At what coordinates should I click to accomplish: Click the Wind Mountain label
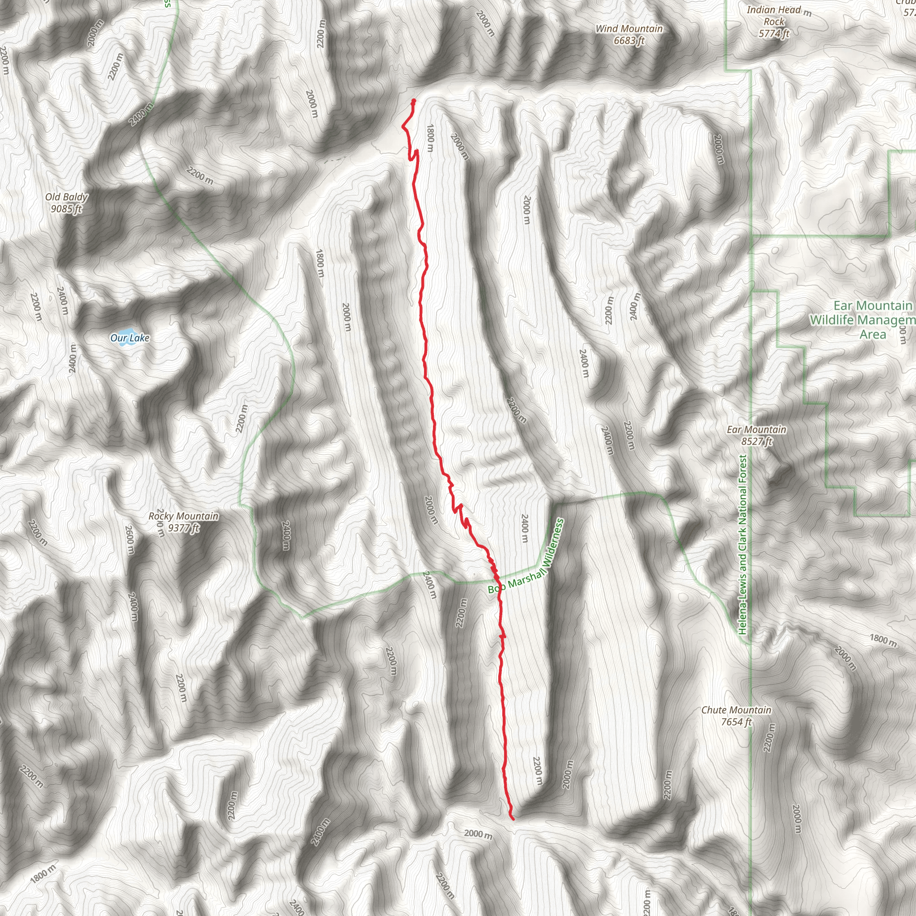click(x=629, y=29)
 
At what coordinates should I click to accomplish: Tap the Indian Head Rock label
click(x=774, y=16)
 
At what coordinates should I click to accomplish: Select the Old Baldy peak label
click(x=66, y=197)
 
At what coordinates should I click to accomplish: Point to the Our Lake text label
click(x=129, y=338)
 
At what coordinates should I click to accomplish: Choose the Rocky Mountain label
click(x=183, y=516)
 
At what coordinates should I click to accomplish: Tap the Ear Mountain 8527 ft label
click(x=756, y=435)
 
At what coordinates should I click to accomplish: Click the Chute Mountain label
click(x=736, y=710)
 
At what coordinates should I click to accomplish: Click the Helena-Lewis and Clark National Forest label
click(x=742, y=545)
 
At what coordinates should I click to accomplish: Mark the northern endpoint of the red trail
click(x=413, y=101)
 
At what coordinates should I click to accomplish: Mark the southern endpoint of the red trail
click(x=513, y=819)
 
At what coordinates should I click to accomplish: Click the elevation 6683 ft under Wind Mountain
click(x=629, y=41)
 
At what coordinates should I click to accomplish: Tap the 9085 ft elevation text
click(x=66, y=208)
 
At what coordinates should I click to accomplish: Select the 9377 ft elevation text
click(x=183, y=528)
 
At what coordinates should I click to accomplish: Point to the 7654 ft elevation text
click(x=736, y=721)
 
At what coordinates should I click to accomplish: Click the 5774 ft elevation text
click(x=774, y=33)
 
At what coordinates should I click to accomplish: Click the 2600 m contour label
click(x=129, y=539)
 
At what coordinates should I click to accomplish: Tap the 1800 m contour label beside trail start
click(x=429, y=137)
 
